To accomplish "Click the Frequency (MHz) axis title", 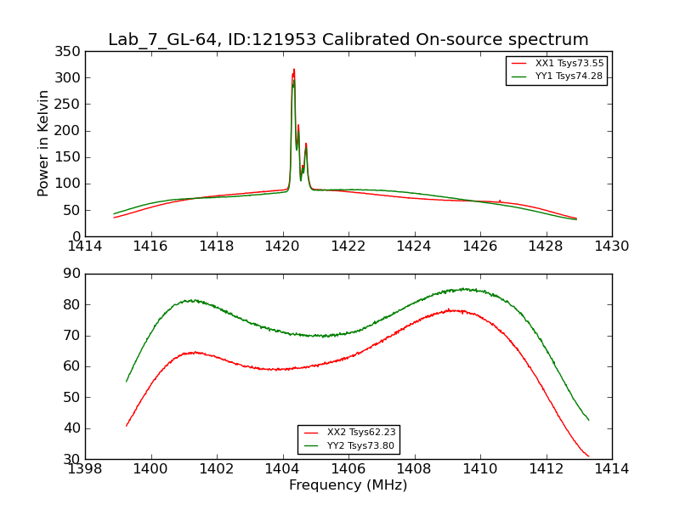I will click(348, 485).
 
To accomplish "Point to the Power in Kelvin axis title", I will click(43, 143).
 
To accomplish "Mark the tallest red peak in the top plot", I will click(294, 70).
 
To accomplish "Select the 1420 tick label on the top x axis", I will click(282, 246).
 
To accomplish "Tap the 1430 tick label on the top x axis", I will click(611, 246).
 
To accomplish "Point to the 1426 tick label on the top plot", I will click(479, 246).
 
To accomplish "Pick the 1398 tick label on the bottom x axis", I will click(85, 468).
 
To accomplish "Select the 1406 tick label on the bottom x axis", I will click(348, 468).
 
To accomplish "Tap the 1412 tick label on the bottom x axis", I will click(546, 468).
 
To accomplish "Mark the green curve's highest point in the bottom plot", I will click(464, 288).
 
